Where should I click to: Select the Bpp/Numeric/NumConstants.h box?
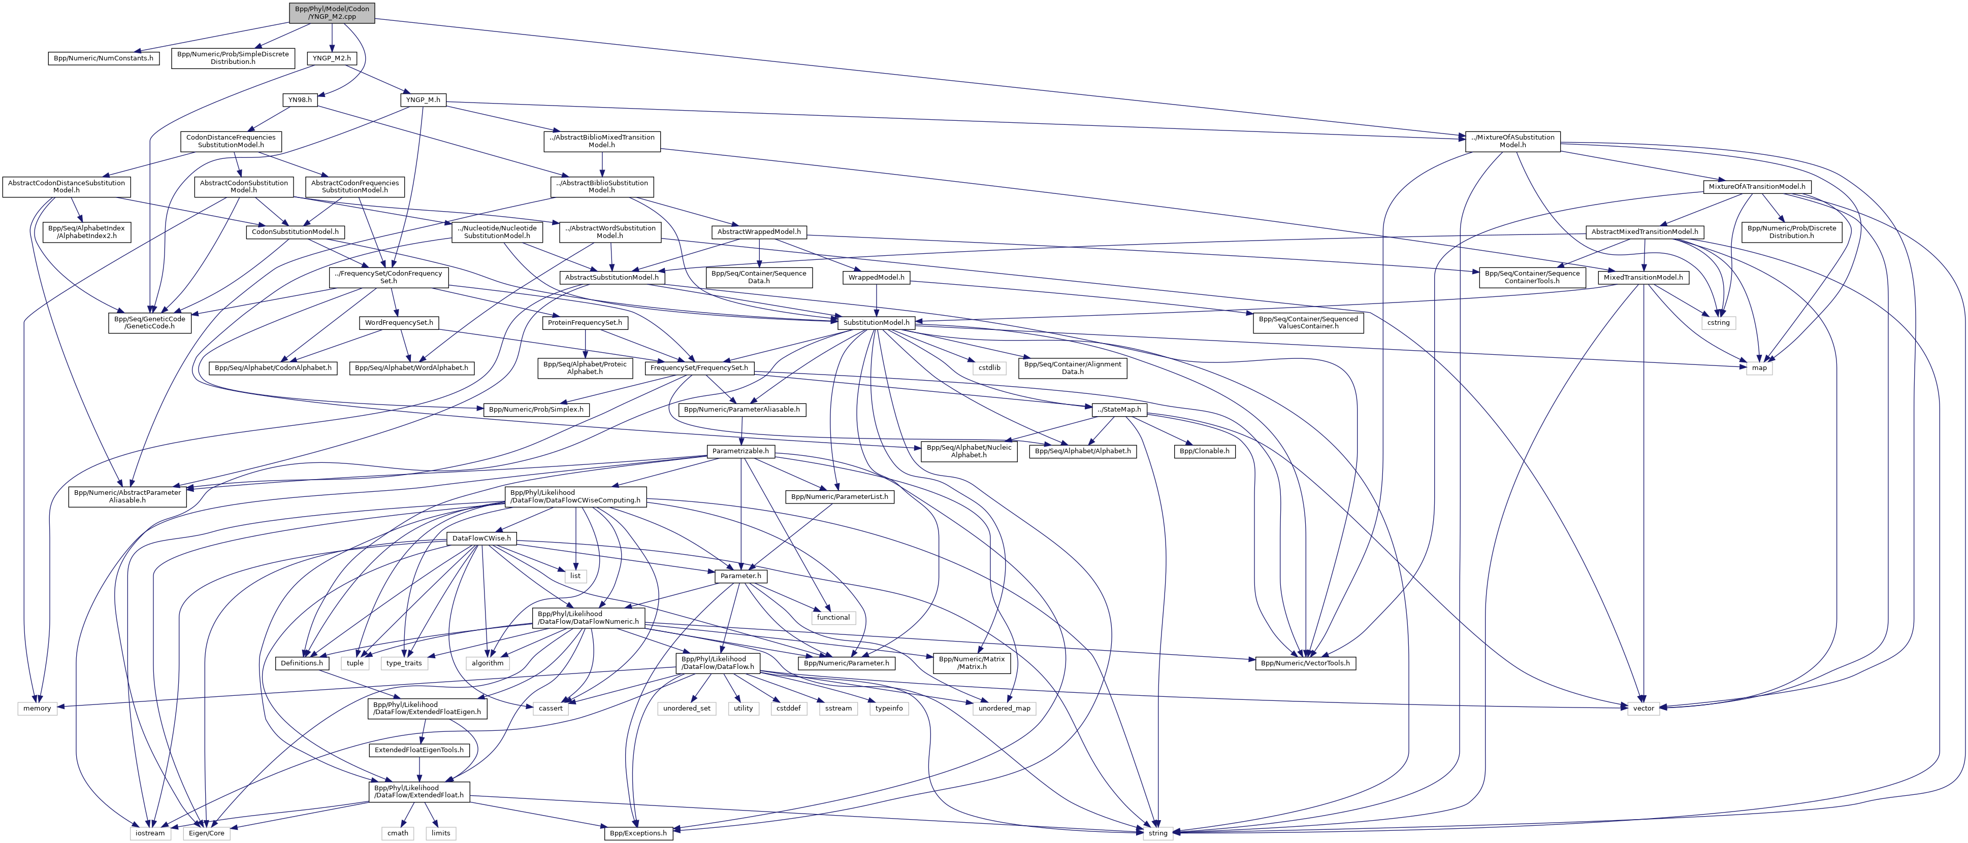point(103,58)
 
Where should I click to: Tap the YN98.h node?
point(300,100)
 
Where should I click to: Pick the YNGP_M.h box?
point(423,100)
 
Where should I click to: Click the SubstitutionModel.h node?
point(876,323)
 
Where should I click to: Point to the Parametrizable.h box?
point(740,451)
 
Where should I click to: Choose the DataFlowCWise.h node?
point(481,538)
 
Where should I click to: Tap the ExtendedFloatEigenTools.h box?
point(418,750)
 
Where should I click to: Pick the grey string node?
point(1157,833)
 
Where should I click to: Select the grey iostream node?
point(150,833)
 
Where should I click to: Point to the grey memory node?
point(37,709)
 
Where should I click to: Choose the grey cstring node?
point(1718,323)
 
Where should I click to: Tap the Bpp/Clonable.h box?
point(1204,451)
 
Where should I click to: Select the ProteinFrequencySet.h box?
point(585,323)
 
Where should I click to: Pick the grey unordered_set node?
point(686,709)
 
